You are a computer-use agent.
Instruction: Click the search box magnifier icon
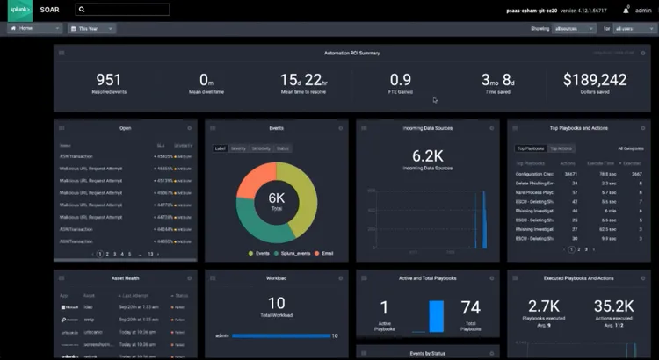81,10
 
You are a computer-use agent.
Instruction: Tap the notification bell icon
626,11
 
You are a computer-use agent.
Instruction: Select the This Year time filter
94,28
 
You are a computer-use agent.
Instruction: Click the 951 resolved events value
108,80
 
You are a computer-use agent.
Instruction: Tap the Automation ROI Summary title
351,53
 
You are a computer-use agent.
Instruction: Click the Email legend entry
326,253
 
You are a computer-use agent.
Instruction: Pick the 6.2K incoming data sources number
428,155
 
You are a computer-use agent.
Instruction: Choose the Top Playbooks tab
531,148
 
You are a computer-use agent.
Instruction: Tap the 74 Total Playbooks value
470,307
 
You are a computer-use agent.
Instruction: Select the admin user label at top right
644,11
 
